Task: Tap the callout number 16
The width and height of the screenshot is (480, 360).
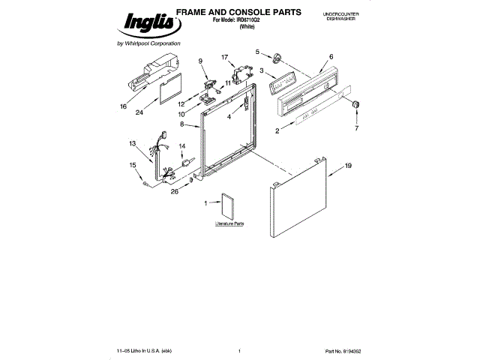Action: click(123, 106)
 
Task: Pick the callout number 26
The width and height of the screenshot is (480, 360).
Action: click(174, 190)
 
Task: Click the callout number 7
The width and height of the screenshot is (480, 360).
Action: click(356, 128)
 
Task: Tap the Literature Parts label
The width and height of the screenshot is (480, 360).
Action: click(230, 223)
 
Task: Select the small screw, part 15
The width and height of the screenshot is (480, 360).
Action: click(143, 182)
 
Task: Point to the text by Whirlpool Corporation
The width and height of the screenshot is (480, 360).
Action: click(149, 44)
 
